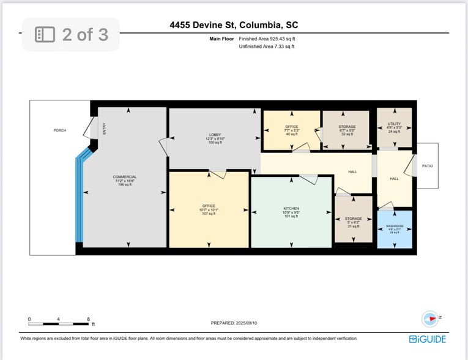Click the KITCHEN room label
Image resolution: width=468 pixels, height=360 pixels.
point(291,208)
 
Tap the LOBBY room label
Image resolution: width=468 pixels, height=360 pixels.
point(215,135)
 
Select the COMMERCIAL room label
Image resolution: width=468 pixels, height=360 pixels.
point(125,177)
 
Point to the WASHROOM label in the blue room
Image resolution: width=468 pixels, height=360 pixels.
point(394,226)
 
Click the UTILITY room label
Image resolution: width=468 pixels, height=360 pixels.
point(394,124)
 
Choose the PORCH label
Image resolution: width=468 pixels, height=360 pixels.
point(59,130)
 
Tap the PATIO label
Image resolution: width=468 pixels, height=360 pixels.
point(427,166)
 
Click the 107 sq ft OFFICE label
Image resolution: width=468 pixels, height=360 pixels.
point(209,206)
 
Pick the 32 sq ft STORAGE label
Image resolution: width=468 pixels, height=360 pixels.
point(346,127)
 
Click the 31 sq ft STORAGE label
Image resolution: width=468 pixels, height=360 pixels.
point(353,219)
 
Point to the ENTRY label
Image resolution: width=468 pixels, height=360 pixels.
point(104,129)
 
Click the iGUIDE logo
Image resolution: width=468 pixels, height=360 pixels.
point(428,339)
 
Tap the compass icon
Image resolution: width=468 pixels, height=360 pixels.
point(430,318)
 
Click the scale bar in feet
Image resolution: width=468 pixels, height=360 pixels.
point(59,323)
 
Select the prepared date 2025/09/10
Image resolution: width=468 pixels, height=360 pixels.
point(234,323)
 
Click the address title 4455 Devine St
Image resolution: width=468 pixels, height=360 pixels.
point(234,25)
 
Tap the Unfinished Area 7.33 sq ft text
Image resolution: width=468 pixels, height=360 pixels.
point(267,47)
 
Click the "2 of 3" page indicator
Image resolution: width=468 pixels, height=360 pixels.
point(71,34)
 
